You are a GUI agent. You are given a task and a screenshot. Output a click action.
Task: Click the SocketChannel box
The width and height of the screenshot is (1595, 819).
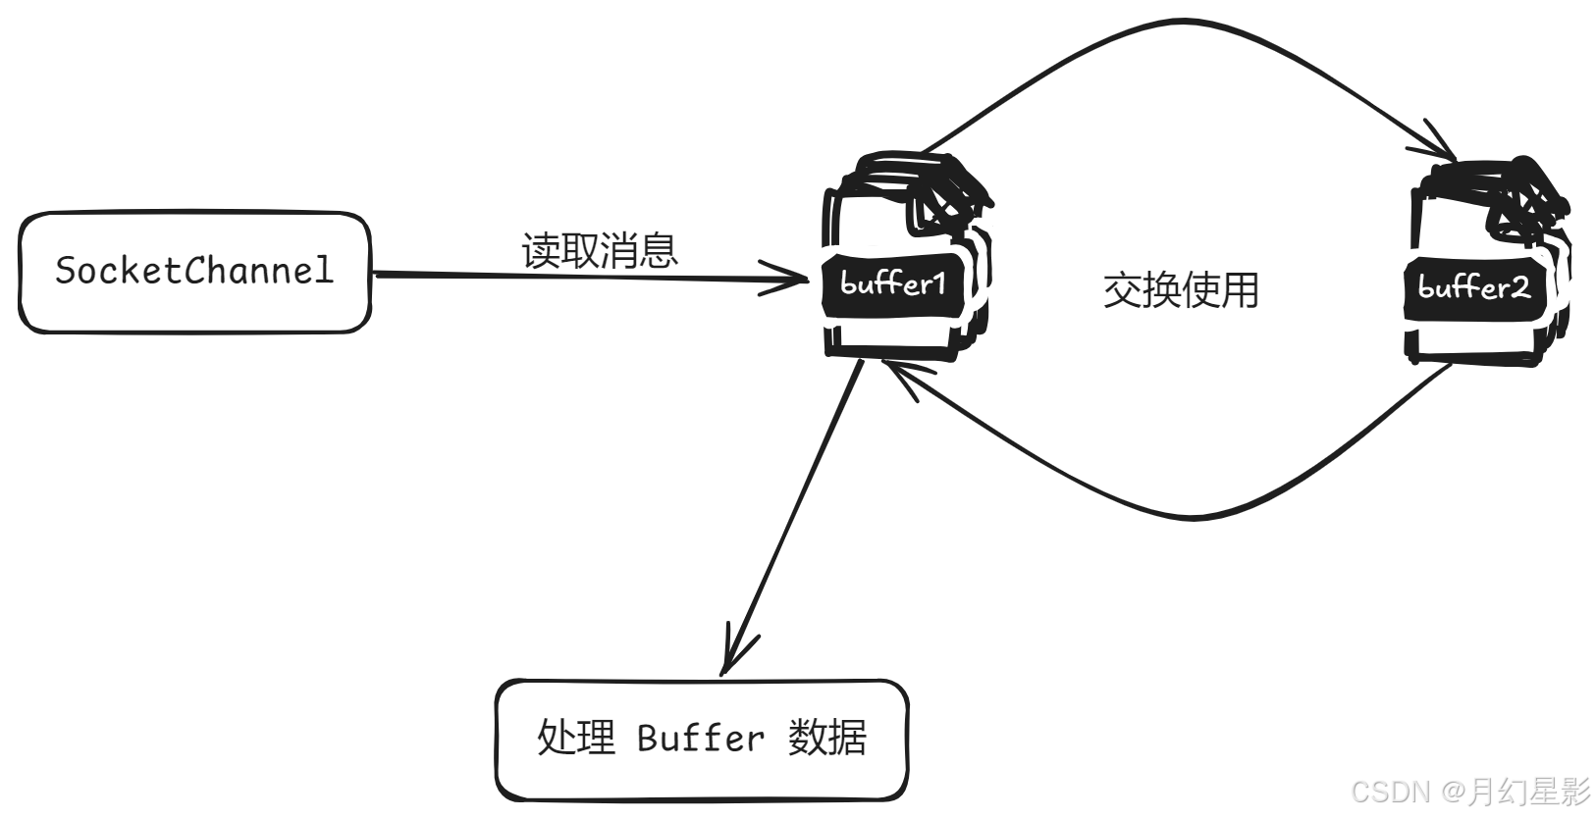coord(194,272)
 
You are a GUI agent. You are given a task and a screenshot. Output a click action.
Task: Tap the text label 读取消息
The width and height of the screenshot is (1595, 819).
coord(600,250)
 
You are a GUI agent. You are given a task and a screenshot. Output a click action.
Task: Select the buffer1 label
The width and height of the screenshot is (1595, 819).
coord(893,284)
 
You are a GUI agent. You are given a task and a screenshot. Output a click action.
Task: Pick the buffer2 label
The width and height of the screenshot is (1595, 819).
coord(1473,288)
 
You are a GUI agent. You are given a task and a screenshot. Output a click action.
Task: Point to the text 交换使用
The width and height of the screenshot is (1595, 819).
coord(1181,290)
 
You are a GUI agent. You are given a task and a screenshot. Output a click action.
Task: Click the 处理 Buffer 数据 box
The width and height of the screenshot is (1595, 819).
coord(701,739)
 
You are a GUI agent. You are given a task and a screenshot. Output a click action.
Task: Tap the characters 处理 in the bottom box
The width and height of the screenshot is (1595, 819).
coord(576,738)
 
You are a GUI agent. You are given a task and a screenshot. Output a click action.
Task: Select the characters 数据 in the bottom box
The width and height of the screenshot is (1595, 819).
coord(827,738)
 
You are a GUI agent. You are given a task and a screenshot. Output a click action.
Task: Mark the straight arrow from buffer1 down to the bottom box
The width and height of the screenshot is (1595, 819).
coord(795,510)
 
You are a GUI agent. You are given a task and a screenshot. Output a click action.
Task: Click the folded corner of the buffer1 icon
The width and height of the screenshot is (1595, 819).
coord(947,201)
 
